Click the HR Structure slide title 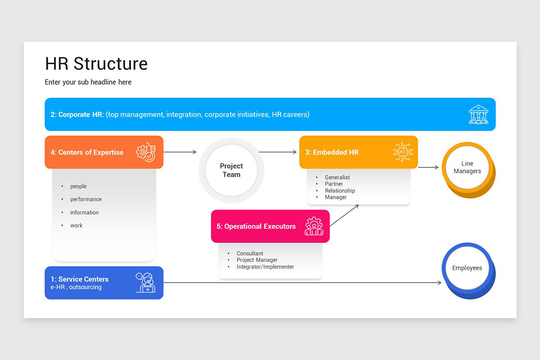click(96, 64)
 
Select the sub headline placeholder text click(88, 82)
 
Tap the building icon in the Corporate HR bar click(478, 114)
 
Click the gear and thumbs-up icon click(146, 152)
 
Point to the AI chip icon click(402, 152)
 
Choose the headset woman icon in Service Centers click(146, 283)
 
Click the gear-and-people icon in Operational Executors click(314, 226)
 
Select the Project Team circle click(231, 171)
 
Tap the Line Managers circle click(467, 168)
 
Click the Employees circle click(467, 268)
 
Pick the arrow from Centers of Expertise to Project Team click(180, 152)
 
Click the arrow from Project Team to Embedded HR click(278, 152)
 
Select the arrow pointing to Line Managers click(428, 167)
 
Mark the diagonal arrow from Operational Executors click(344, 216)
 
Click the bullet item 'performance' click(85, 199)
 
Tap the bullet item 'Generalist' click(337, 178)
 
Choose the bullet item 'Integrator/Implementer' click(265, 267)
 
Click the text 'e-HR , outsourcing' click(76, 287)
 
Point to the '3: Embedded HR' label click(332, 152)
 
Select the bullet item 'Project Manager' click(257, 260)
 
